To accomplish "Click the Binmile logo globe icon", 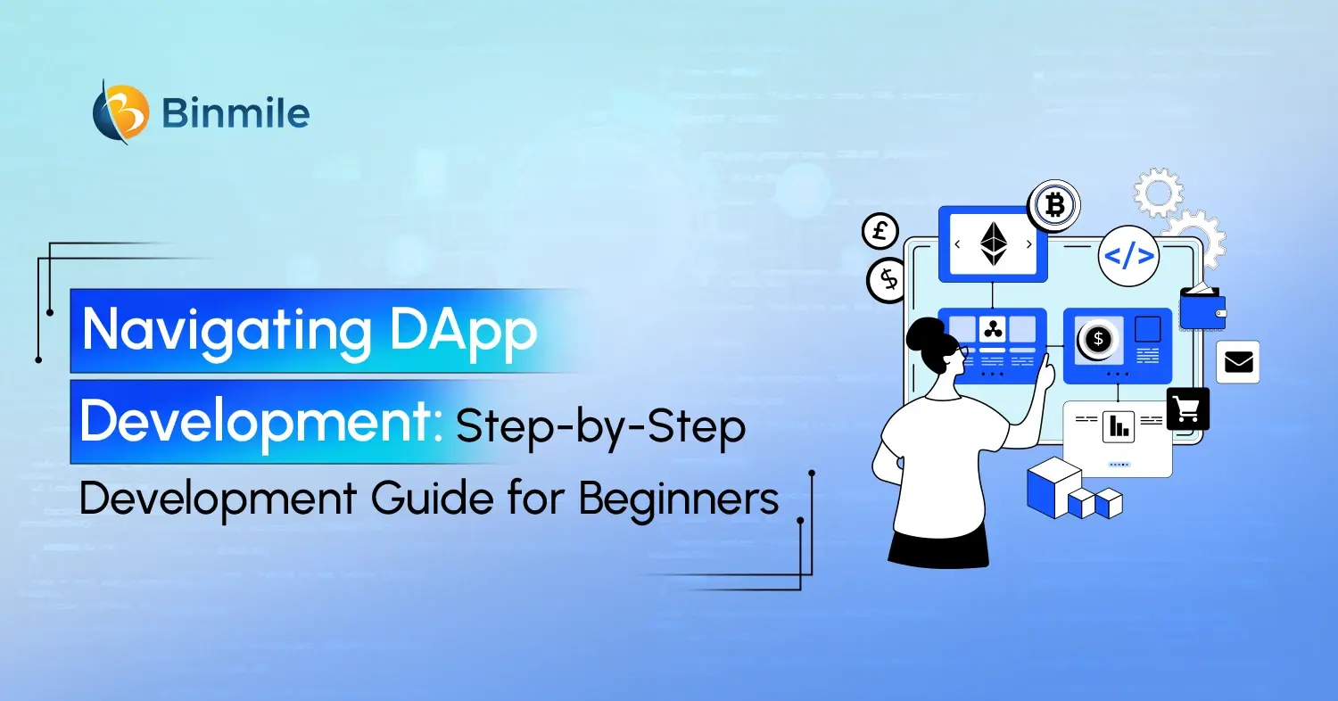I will (121, 112).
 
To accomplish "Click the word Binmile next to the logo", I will (236, 113).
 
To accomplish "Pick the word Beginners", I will (679, 499).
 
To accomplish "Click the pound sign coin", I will (880, 232).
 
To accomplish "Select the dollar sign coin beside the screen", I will (888, 280).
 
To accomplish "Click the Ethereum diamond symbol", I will (993, 243).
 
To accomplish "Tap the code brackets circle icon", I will (1128, 256).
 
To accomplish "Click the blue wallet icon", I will (1202, 309).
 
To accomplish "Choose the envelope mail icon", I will (1238, 362).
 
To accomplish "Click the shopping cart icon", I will (1187, 409).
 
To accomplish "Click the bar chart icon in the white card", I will (1117, 426).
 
